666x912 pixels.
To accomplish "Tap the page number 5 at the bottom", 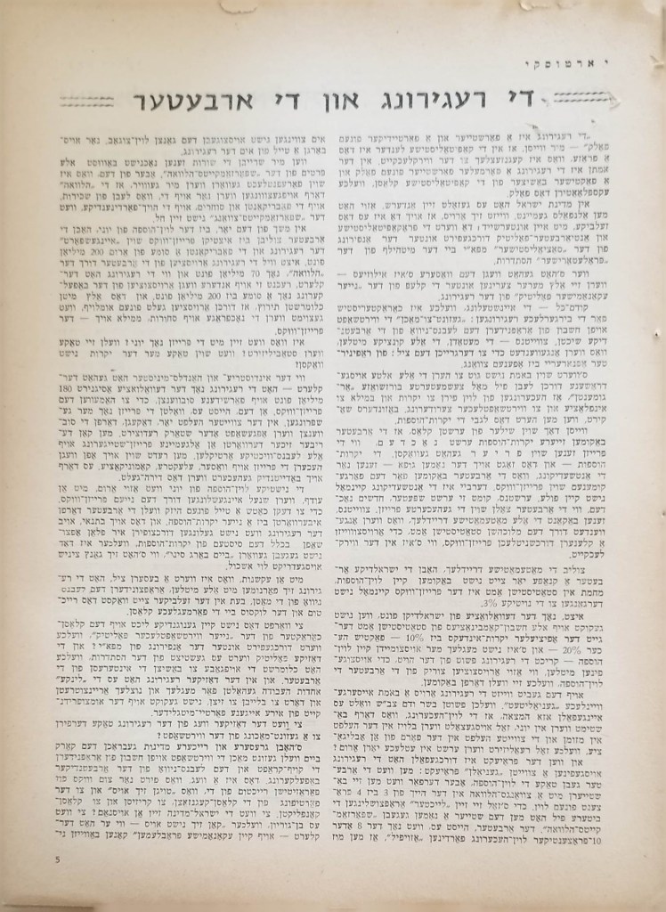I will coord(58,859).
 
